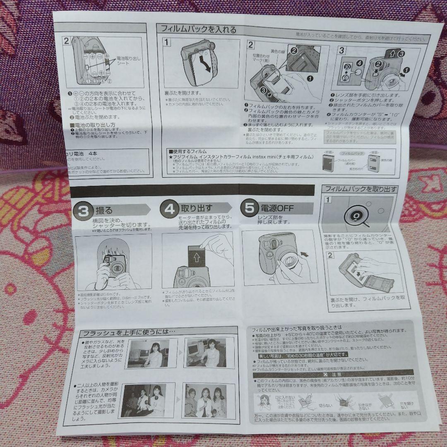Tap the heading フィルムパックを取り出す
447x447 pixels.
[361, 189]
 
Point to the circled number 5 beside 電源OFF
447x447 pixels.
[249, 208]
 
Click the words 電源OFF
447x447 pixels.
[277, 208]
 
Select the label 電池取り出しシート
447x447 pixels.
[128, 61]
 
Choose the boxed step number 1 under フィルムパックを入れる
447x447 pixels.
[166, 42]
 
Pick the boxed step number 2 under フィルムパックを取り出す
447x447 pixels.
[330, 255]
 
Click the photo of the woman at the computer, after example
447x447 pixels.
[205, 353]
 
